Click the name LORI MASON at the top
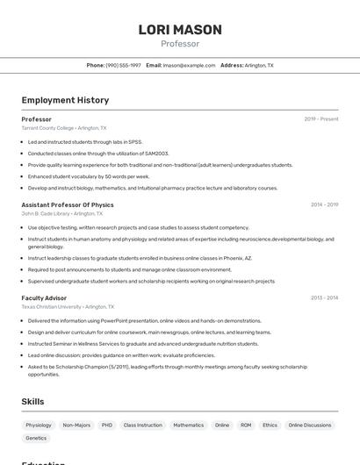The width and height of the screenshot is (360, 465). [180, 30]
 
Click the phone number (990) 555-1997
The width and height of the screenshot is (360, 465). [123, 65]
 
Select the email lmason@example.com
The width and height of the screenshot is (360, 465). [189, 65]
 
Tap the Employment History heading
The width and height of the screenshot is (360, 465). [65, 100]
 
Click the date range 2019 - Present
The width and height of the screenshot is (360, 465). [321, 119]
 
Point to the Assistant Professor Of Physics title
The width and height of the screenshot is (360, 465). [68, 205]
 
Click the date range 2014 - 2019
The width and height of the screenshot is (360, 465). [324, 205]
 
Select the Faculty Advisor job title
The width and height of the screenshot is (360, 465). [44, 298]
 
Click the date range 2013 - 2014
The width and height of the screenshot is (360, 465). [324, 298]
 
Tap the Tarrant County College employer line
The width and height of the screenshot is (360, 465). [64, 128]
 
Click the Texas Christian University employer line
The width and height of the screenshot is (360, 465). [68, 307]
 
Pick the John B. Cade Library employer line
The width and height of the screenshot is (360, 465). [62, 213]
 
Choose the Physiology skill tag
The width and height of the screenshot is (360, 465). [39, 425]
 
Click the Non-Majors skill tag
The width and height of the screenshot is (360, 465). [76, 425]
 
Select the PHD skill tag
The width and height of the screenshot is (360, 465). [107, 425]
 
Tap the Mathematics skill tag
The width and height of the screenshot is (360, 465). [188, 425]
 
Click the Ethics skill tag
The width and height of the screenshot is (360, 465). [270, 425]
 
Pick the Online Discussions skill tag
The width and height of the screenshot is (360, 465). [310, 425]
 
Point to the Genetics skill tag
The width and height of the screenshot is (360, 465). [36, 438]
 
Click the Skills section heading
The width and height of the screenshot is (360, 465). [33, 401]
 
